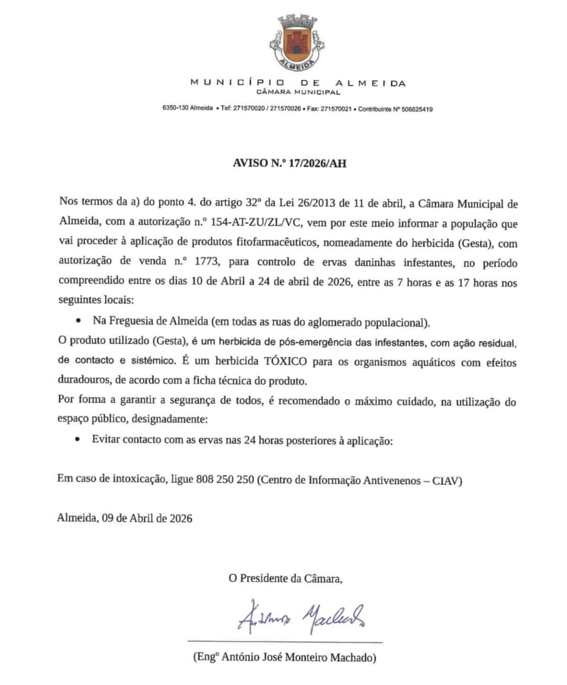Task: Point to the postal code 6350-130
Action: tap(175, 109)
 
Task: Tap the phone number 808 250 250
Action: tap(226, 481)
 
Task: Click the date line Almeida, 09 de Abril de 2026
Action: tap(125, 518)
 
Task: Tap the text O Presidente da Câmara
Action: tap(286, 579)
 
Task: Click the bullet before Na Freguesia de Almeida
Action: tap(78, 321)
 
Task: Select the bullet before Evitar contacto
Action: tap(78, 440)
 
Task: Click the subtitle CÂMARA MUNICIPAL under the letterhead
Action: tap(298, 92)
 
